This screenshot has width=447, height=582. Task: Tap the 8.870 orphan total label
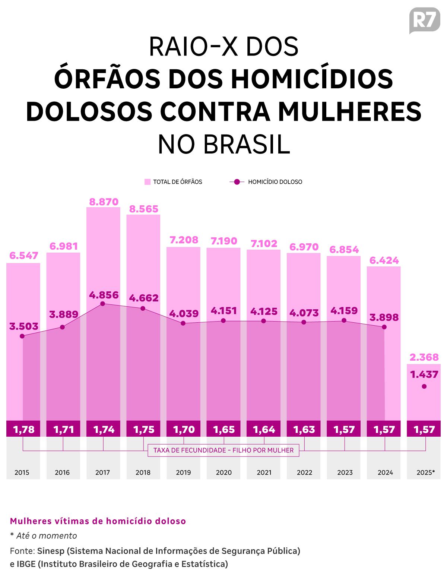point(104,202)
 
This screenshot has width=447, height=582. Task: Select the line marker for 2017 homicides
point(103,304)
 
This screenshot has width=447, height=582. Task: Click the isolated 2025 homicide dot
point(424,386)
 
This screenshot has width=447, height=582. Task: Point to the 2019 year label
point(183,472)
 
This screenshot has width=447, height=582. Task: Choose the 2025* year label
point(425,472)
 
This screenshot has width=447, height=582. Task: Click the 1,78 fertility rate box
point(23,429)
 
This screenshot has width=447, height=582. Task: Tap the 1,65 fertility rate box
point(223,429)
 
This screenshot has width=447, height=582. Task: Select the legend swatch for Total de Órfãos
point(148,182)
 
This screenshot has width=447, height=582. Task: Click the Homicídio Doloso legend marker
point(237,182)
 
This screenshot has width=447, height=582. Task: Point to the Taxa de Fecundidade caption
point(223,450)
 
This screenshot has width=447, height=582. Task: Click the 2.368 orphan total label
point(424,357)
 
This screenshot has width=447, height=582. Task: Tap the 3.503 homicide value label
point(23,326)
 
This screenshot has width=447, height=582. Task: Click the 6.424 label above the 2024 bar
point(384,260)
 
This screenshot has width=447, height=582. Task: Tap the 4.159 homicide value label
point(344,310)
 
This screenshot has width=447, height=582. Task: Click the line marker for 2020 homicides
point(223,320)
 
